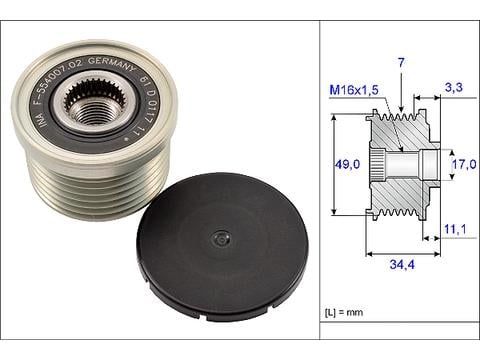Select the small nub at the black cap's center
pyautogui.click(x=218, y=240)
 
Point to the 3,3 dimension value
pyautogui.click(x=454, y=88)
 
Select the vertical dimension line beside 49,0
pyautogui.click(x=333, y=164)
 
